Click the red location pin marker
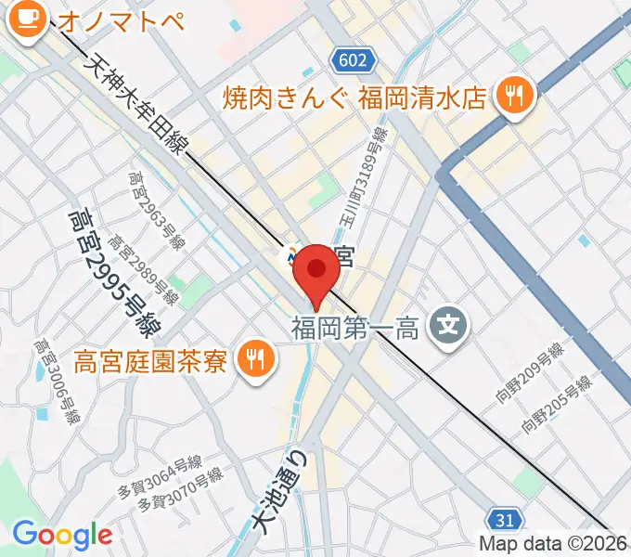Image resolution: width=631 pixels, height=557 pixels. pos(317,272)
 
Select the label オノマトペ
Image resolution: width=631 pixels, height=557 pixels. pos(120,20)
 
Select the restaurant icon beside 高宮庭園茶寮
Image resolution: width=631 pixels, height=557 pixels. pos(253,357)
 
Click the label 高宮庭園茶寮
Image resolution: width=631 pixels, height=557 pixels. pos(150,358)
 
